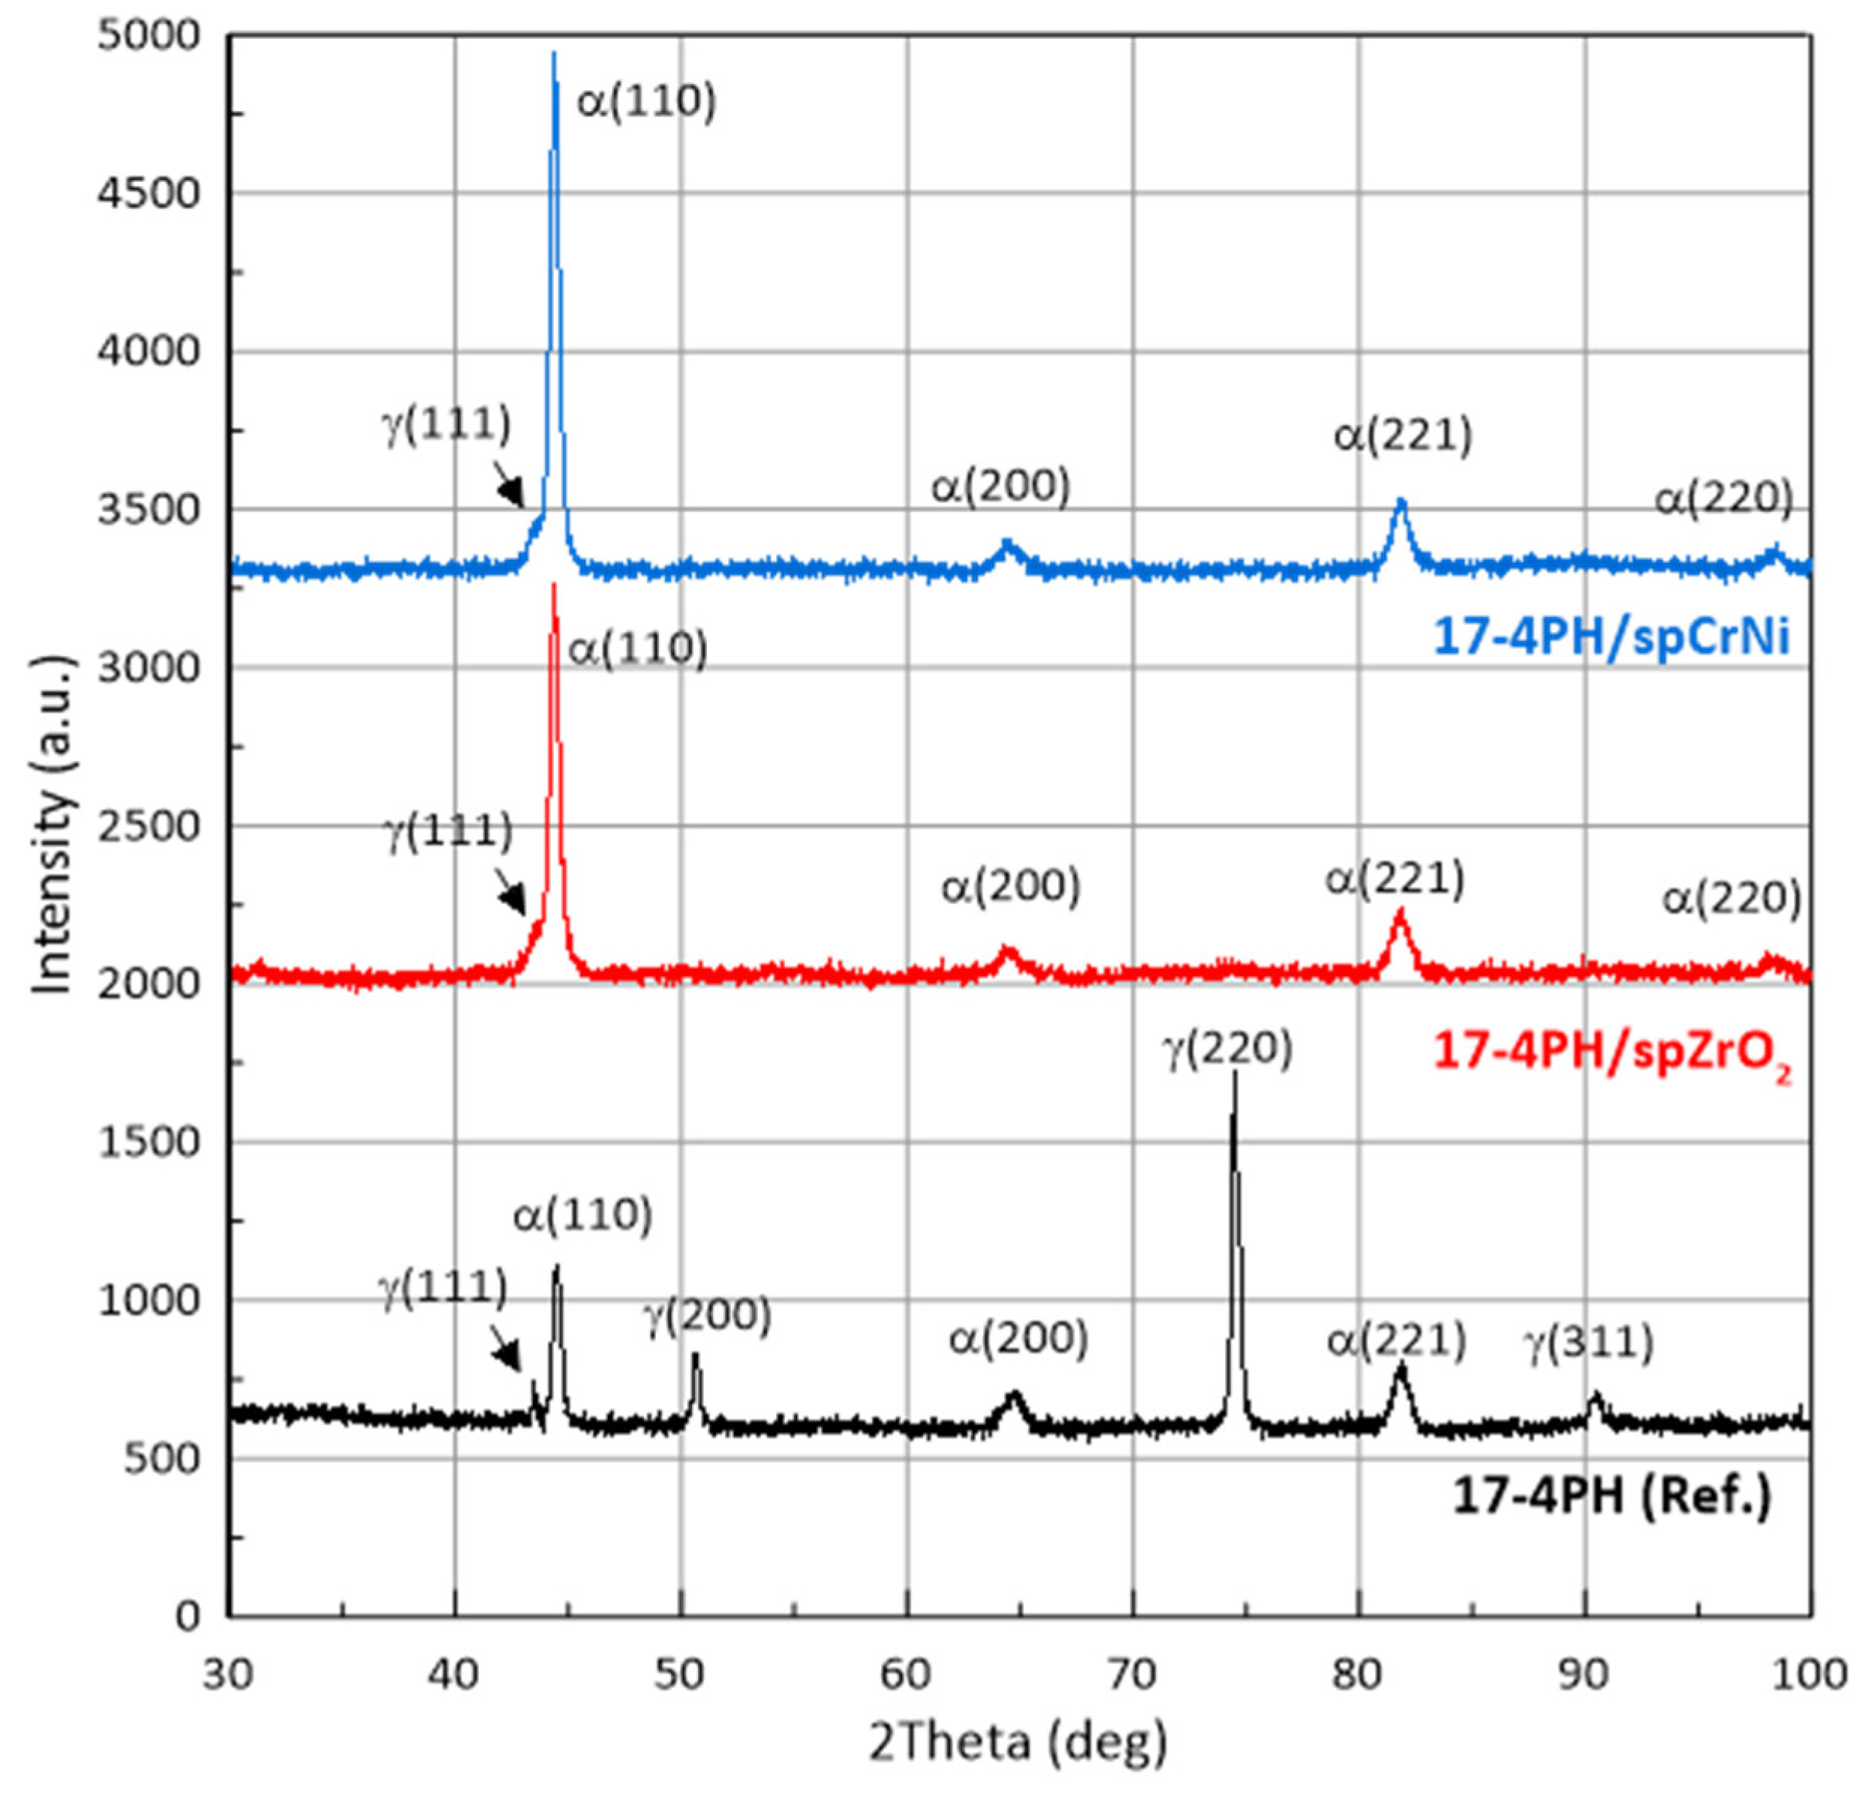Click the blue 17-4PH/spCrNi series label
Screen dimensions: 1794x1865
1611,636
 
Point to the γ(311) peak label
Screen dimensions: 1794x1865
1590,1342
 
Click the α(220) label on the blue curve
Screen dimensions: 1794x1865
1723,498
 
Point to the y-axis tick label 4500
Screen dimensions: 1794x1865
150,193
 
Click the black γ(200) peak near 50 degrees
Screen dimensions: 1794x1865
696,1357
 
